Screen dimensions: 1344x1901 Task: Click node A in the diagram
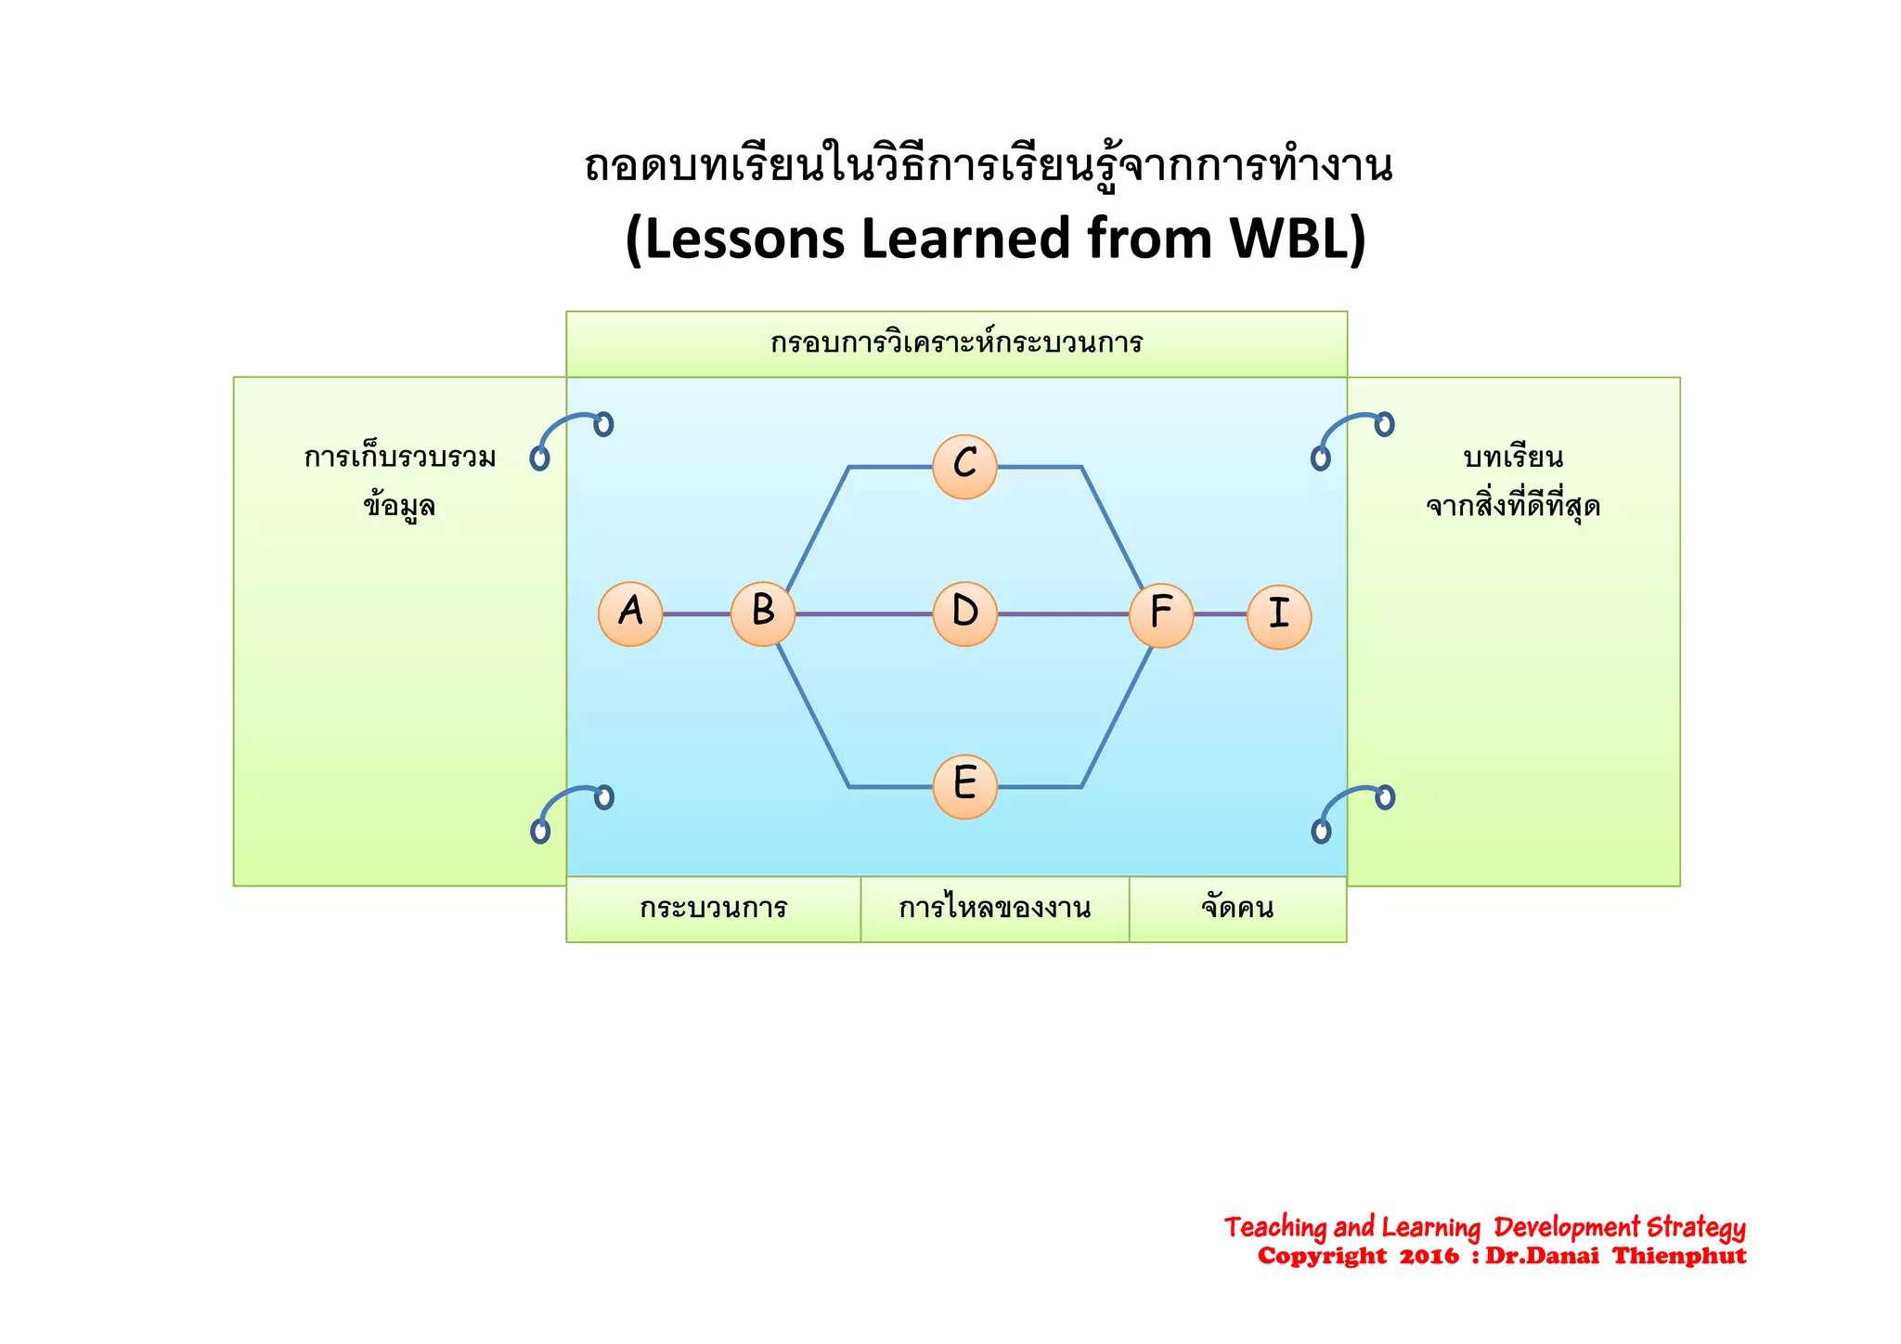coord(630,614)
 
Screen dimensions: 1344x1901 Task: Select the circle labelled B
coord(763,614)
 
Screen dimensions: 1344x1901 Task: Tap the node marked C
coord(964,466)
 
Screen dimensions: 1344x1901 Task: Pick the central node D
coord(964,614)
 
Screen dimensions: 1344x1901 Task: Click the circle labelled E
coord(964,786)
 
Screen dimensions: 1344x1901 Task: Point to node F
coord(1160,614)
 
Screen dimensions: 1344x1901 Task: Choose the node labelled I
coord(1278,616)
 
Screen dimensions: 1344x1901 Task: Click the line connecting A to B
coord(696,614)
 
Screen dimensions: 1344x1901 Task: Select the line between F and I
coord(1220,614)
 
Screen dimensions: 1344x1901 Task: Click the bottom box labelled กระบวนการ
coord(713,908)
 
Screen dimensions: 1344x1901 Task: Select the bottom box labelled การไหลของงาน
coord(994,908)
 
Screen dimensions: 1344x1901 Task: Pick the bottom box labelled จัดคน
coord(1237,908)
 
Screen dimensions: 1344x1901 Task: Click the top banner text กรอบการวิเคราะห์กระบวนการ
coord(956,343)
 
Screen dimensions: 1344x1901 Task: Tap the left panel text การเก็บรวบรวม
coord(400,458)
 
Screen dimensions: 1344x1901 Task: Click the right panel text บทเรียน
coord(1513,458)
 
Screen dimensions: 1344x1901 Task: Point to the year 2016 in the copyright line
coord(1429,1257)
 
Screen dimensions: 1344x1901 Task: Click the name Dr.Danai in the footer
coord(1542,1257)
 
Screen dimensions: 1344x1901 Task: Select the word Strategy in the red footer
coord(1696,1228)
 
